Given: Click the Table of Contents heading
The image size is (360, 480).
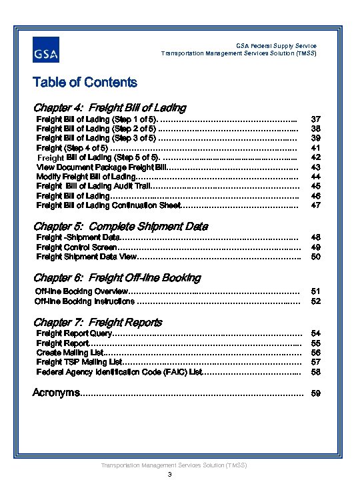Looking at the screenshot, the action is click(85, 83).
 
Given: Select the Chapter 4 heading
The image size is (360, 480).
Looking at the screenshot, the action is click(109, 107).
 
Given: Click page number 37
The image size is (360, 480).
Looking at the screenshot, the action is click(316, 119).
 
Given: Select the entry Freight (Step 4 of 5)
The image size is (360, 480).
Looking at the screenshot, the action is click(71, 147).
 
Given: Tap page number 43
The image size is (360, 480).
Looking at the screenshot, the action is click(316, 167).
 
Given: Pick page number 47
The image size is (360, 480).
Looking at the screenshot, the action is click(316, 205).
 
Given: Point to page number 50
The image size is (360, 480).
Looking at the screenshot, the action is click(316, 257).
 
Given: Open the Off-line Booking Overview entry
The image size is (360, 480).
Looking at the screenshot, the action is click(81, 291).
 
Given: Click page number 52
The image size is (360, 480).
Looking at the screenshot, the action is click(316, 301).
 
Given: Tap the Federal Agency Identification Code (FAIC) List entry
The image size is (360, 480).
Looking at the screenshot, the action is click(119, 371).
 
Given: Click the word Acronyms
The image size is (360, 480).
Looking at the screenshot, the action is click(56, 393).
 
